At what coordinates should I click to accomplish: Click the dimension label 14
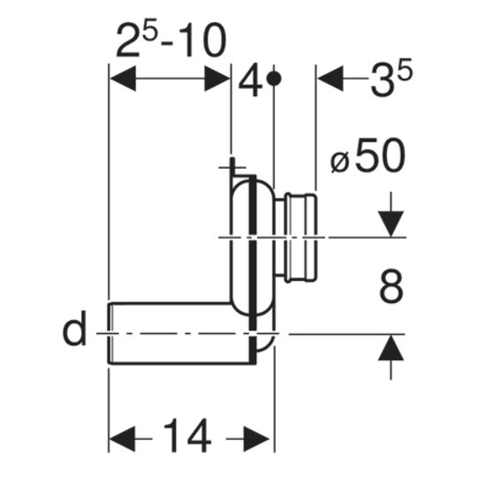point(187,435)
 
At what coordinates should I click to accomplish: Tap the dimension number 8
point(391,286)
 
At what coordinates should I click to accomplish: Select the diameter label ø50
point(368,155)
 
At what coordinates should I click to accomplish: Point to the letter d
point(74,328)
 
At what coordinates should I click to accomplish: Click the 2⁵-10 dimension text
point(171,40)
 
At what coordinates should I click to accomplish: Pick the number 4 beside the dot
point(250,79)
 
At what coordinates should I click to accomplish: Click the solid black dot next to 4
point(274,79)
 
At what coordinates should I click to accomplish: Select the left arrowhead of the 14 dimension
point(122,439)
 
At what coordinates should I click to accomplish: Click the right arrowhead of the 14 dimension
point(256,439)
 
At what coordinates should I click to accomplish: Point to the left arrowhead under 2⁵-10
point(123,79)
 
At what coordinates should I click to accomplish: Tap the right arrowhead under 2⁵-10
point(217,79)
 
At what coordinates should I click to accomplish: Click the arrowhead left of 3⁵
point(330,79)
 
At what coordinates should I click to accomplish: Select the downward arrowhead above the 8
point(391,223)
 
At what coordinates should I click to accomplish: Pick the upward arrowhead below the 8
point(391,347)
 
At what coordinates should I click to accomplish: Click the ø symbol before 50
point(339,162)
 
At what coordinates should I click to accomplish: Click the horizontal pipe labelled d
point(182,333)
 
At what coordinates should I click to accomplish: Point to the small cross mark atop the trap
point(232,167)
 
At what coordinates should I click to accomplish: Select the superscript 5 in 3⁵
point(405,68)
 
